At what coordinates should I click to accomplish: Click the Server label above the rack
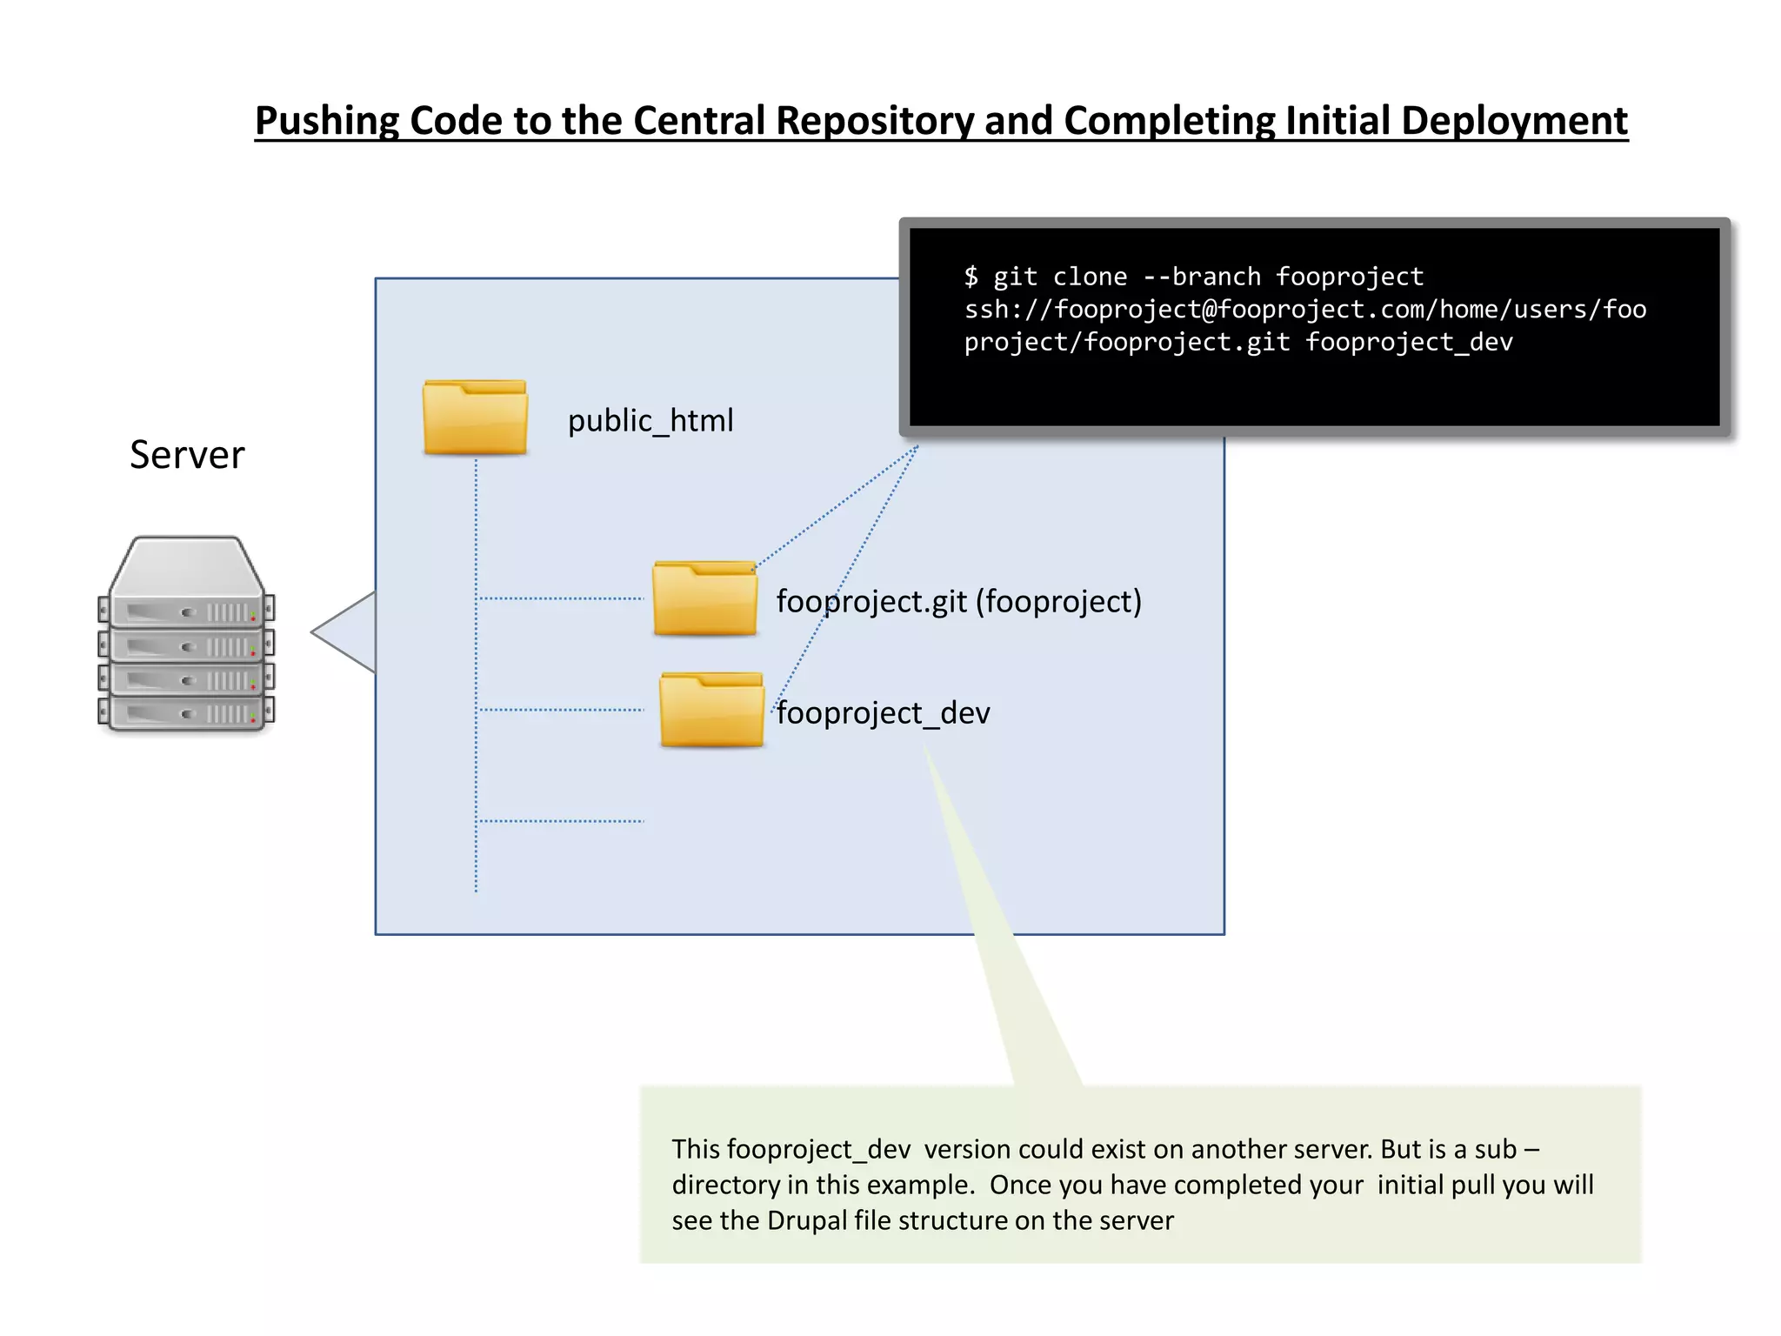click(x=187, y=455)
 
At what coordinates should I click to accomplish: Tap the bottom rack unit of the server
click(x=186, y=713)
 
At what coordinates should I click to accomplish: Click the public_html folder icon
click(x=475, y=418)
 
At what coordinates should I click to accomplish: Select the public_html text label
click(x=650, y=421)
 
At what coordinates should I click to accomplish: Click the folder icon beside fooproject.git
click(x=704, y=599)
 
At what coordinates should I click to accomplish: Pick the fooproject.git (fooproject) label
click(x=958, y=601)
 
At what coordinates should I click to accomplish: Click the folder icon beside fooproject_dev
click(x=711, y=711)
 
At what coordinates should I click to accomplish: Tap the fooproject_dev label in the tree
click(x=883, y=713)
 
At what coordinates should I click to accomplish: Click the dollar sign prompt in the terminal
click(x=971, y=277)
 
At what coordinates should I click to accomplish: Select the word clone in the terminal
click(x=1090, y=277)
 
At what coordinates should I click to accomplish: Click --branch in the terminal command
click(x=1201, y=277)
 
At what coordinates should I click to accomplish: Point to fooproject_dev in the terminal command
click(x=1409, y=342)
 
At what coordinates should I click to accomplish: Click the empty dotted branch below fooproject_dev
click(x=562, y=821)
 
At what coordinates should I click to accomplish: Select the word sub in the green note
click(x=1495, y=1149)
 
